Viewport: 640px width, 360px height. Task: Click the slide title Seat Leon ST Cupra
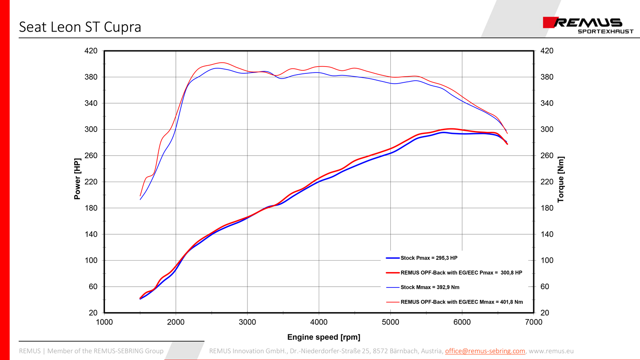pyautogui.click(x=80, y=27)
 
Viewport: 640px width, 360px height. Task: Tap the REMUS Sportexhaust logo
pyautogui.click(x=588, y=25)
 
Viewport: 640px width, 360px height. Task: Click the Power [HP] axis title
pyautogui.click(x=77, y=179)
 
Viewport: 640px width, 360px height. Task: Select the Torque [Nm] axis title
pyautogui.click(x=561, y=179)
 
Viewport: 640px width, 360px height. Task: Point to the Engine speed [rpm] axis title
pyautogui.click(x=323, y=337)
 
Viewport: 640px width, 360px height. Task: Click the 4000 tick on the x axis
pyautogui.click(x=319, y=322)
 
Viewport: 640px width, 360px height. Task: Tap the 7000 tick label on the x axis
pyautogui.click(x=533, y=322)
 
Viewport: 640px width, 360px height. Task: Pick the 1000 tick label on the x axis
pyautogui.click(x=104, y=322)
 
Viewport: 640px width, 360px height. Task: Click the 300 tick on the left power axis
pyautogui.click(x=90, y=129)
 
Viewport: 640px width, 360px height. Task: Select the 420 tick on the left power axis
pyautogui.click(x=90, y=51)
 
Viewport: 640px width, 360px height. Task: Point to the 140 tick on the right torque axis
pyautogui.click(x=547, y=234)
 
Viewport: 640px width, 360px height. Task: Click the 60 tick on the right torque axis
pyautogui.click(x=545, y=287)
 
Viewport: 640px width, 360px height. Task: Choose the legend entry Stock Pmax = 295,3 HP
pyautogui.click(x=428, y=258)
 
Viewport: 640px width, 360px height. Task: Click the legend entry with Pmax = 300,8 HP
pyautogui.click(x=461, y=273)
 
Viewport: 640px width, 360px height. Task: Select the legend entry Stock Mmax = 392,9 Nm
pyautogui.click(x=430, y=287)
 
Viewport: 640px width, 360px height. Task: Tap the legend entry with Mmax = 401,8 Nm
pyautogui.click(x=461, y=302)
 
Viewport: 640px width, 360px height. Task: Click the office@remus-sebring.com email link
pyautogui.click(x=485, y=351)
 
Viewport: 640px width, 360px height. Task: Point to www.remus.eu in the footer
pyautogui.click(x=551, y=351)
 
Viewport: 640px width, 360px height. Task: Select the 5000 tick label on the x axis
pyautogui.click(x=390, y=322)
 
